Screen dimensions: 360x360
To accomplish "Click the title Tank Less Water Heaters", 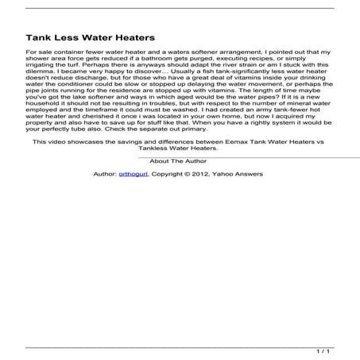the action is [90, 37].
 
